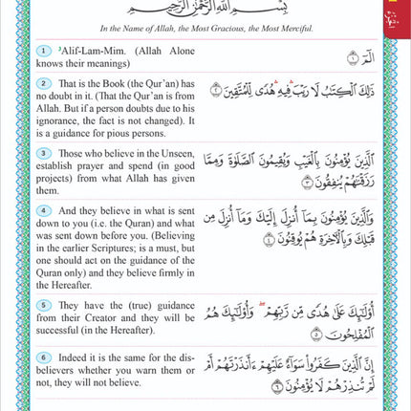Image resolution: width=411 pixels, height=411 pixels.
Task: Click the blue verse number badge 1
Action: point(42,50)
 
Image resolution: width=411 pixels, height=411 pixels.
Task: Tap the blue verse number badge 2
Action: point(42,84)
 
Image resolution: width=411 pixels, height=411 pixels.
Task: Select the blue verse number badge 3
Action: point(42,151)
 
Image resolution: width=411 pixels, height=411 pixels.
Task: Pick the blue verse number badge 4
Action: point(42,209)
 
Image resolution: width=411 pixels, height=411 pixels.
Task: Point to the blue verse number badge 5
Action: point(42,303)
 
